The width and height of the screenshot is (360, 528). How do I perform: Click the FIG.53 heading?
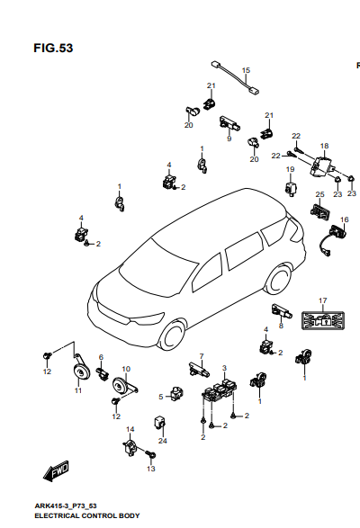click(53, 49)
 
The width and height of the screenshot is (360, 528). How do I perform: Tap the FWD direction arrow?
click(57, 470)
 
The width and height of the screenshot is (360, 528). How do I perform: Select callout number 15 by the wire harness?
click(246, 70)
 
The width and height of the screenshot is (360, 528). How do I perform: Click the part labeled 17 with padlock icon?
click(322, 320)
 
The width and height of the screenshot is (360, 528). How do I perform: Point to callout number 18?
click(324, 146)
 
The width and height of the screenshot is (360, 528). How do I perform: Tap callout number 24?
click(163, 441)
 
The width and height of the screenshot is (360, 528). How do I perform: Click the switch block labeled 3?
click(220, 390)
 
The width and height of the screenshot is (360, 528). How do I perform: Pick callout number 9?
click(229, 139)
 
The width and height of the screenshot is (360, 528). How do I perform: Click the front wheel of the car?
click(173, 336)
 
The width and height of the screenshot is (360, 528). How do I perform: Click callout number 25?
click(319, 194)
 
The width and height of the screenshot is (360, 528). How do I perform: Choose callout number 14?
click(130, 429)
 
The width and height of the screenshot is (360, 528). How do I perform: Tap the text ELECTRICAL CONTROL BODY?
click(87, 516)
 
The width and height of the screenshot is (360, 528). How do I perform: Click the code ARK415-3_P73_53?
click(66, 506)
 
